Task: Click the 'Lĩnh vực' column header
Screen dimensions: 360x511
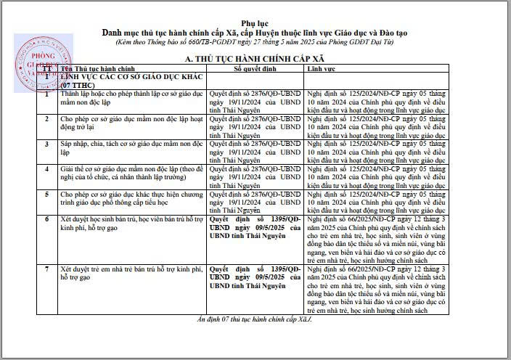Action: tap(319, 67)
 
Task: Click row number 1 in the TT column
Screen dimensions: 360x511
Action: tap(47, 94)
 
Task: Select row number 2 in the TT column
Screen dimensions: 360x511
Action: tap(47, 116)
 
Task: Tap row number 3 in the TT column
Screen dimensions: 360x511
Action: tap(47, 144)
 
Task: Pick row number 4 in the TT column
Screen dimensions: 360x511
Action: tap(47, 168)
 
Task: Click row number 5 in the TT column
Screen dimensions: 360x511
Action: tap(47, 195)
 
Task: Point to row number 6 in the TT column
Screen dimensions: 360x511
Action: tap(47, 218)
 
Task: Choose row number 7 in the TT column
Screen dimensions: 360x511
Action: tap(47, 269)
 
